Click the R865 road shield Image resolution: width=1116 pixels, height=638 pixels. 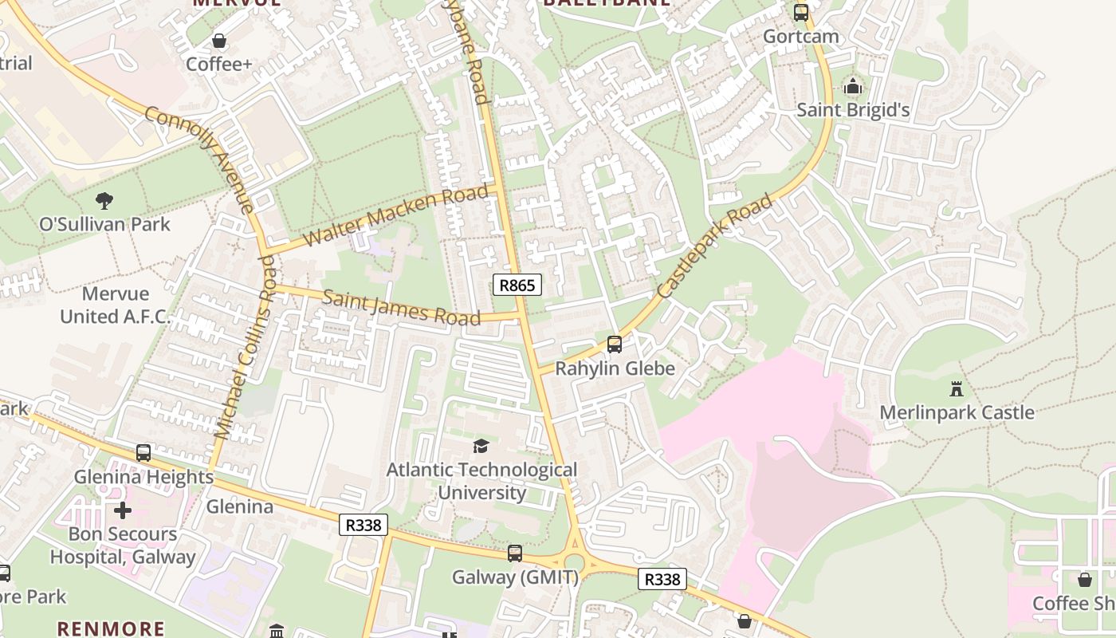point(517,285)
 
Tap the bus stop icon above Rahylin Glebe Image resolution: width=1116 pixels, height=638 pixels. point(614,345)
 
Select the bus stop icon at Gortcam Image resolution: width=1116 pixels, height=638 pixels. point(800,13)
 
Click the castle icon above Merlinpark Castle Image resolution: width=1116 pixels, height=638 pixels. point(956,389)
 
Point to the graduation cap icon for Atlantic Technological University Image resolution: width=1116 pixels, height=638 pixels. point(481,446)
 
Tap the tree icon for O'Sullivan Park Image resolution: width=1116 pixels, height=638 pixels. point(104,200)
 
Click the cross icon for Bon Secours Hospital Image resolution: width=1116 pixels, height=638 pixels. point(123,510)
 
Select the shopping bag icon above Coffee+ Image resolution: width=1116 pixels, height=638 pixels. point(218,41)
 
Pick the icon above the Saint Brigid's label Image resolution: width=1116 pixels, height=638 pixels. point(853,86)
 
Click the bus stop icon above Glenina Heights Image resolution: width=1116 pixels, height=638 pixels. point(143,453)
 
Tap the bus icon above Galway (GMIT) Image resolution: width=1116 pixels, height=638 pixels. point(515,553)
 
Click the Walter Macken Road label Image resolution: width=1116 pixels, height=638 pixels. point(396,215)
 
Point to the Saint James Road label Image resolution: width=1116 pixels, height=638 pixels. point(402,308)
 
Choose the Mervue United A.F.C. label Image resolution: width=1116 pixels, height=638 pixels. point(116,305)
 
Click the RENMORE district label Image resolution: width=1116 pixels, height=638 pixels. point(111,628)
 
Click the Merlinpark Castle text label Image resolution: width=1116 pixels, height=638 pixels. point(957,412)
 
